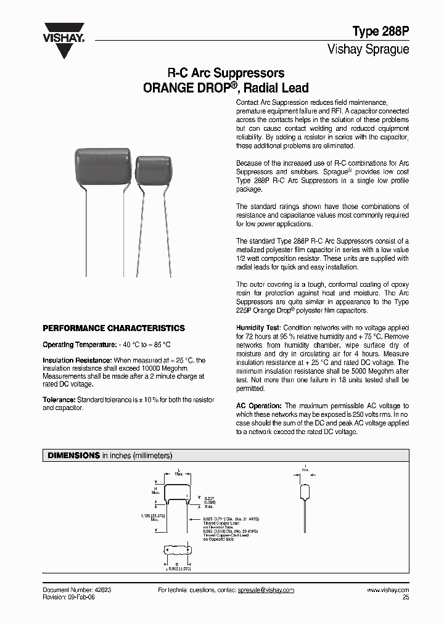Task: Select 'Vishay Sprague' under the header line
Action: click(368, 49)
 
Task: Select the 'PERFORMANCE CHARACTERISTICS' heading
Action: click(113, 328)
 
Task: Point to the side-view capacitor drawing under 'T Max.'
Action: click(305, 491)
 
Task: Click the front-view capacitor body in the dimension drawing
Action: click(176, 494)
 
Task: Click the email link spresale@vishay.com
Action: click(266, 590)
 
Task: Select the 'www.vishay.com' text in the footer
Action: click(388, 590)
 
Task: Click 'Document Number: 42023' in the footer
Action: click(77, 590)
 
